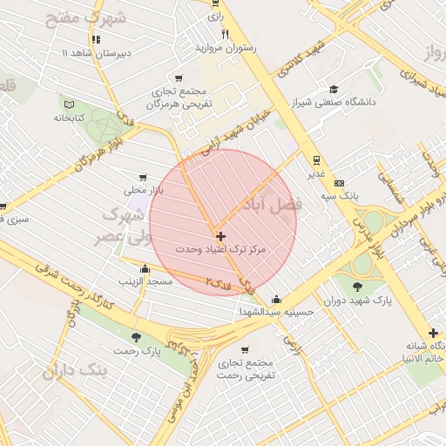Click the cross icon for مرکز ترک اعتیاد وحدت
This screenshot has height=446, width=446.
coord(220,236)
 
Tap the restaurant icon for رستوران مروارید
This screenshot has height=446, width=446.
coord(225,34)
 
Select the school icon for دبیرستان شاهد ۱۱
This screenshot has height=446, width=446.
coord(95,39)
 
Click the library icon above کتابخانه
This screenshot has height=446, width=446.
coord(66,105)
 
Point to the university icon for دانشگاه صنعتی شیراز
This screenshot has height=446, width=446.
coord(334,88)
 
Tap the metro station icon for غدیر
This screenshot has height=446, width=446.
coord(315,159)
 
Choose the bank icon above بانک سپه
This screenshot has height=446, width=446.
coord(339,183)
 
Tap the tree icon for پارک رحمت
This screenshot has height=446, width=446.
coord(135,336)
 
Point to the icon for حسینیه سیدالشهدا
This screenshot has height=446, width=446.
coord(276,299)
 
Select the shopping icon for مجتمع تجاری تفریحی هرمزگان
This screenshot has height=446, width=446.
coord(179,78)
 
